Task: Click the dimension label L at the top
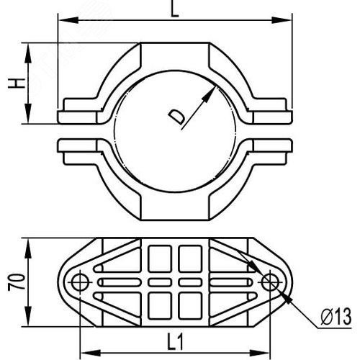tap(175, 9)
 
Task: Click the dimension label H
tap(17, 84)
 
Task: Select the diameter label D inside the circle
tap(176, 117)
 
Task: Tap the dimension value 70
tap(17, 282)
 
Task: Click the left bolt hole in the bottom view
tap(80, 282)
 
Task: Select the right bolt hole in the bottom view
tap(270, 282)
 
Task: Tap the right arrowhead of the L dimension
tap(282, 20)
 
